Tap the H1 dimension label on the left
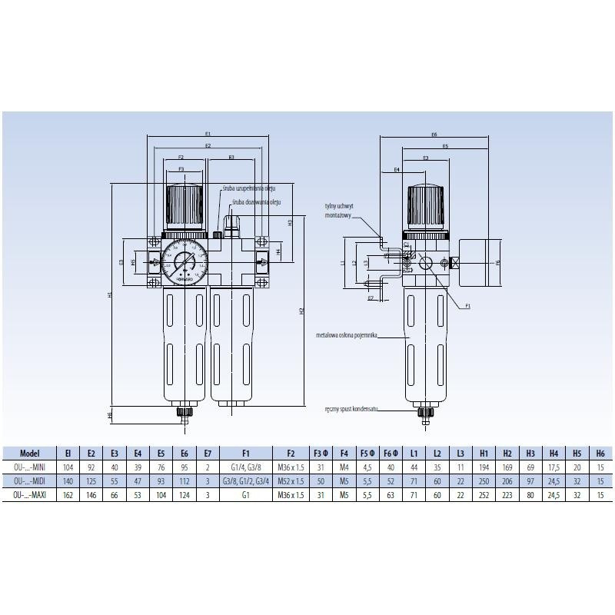[x=110, y=295]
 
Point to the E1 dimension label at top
[x=208, y=134]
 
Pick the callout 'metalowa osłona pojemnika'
[x=346, y=336]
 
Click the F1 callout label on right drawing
[x=467, y=306]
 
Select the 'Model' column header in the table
[x=30, y=454]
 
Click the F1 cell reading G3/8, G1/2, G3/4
[x=245, y=480]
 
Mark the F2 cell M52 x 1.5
[x=291, y=480]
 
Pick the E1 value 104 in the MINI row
[x=67, y=467]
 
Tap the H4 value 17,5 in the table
[x=553, y=467]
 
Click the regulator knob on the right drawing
[x=426, y=203]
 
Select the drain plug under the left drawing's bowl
[x=184, y=413]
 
